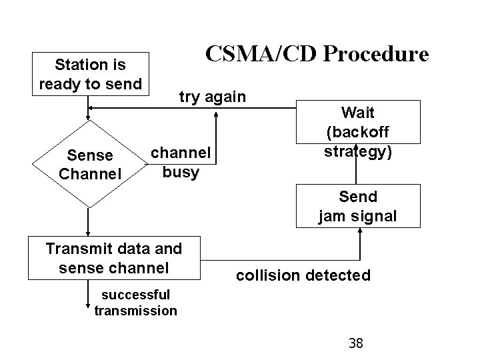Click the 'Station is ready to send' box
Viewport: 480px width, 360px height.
pyautogui.click(x=90, y=74)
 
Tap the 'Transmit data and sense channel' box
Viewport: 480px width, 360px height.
pyautogui.click(x=114, y=258)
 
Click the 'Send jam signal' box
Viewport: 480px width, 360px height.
pyautogui.click(x=357, y=206)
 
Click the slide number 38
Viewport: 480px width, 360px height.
pyautogui.click(x=356, y=343)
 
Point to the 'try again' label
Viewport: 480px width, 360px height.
pyautogui.click(x=212, y=97)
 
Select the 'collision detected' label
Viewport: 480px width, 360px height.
pyautogui.click(x=303, y=275)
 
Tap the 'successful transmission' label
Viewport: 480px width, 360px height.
pyautogui.click(x=136, y=303)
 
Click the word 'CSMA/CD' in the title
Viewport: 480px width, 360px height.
pyautogui.click(x=256, y=53)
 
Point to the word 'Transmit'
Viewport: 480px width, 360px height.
pyautogui.click(x=76, y=249)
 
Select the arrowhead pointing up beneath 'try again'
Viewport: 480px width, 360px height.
pyautogui.click(x=216, y=113)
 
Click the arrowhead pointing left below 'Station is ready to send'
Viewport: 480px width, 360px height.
pyautogui.click(x=93, y=107)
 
